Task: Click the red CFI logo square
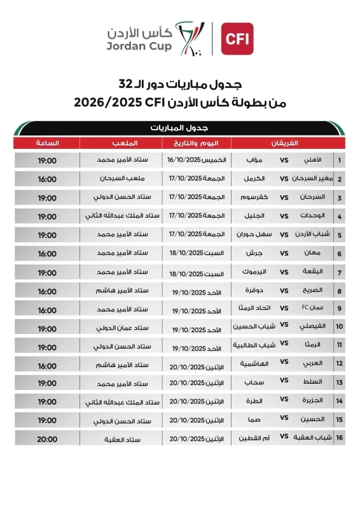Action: coord(237,39)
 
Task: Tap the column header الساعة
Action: coord(48,143)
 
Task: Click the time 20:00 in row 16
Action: coord(47,438)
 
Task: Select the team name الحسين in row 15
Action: coord(311,420)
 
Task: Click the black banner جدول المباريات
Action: coord(181,128)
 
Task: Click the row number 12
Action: coord(340,364)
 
